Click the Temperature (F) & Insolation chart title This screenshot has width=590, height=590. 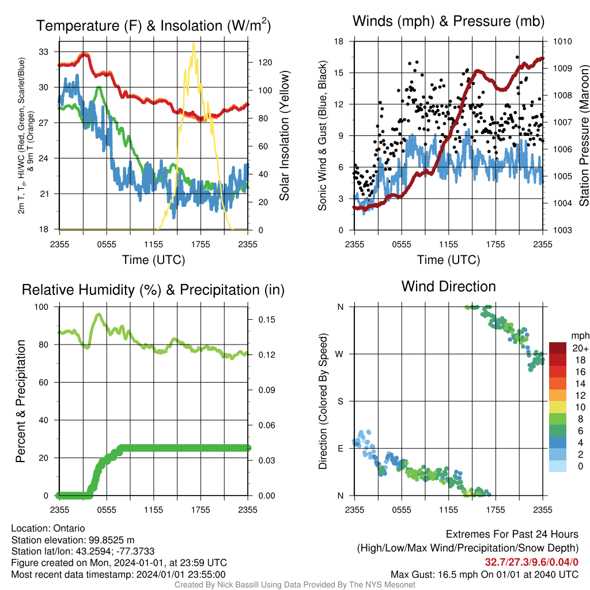pyautogui.click(x=153, y=25)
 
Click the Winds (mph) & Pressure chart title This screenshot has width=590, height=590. pyautogui.click(x=448, y=21)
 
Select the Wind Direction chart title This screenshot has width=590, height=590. pyautogui.click(x=448, y=286)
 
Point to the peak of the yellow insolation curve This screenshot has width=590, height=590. pyautogui.click(x=194, y=43)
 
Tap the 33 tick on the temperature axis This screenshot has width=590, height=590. pyautogui.click(x=44, y=52)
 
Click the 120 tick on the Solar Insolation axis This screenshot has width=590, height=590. pyautogui.click(x=265, y=62)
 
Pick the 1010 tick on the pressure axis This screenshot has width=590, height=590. pyautogui.click(x=562, y=41)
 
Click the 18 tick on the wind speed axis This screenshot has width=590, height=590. pyautogui.click(x=339, y=41)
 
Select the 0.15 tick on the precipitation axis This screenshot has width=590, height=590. pyautogui.click(x=267, y=319)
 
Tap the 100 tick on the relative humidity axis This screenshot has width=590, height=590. pyautogui.click(x=41, y=307)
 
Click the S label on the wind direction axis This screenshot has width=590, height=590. pyautogui.click(x=340, y=401)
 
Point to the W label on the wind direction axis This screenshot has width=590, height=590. pyautogui.click(x=339, y=354)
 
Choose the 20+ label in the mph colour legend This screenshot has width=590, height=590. pyautogui.click(x=580, y=348)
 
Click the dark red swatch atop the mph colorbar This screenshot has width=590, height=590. pyautogui.click(x=558, y=348)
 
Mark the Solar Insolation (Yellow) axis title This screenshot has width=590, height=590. pyautogui.click(x=285, y=135)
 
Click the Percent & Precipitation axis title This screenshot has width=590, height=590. pyautogui.click(x=20, y=401)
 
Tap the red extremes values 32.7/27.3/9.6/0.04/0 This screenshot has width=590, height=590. pyautogui.click(x=531, y=562)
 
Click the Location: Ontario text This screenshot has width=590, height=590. pyautogui.click(x=48, y=528)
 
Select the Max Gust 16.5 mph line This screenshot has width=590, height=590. pyautogui.click(x=484, y=574)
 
